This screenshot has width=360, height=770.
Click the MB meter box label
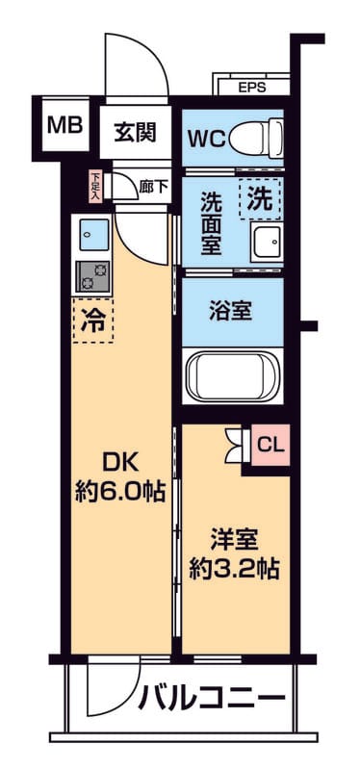pos(64,125)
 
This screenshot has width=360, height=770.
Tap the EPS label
pos(252,88)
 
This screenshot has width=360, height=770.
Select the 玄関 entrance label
pos(136,132)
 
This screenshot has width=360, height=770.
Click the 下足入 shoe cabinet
pos(95,187)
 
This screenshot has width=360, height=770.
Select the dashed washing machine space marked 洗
pos(260,199)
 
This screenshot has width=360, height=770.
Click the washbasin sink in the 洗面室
pos(266,243)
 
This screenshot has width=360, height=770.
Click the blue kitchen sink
pos(94,235)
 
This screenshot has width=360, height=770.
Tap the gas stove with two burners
pos(93,277)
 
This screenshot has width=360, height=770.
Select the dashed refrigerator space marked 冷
pos(93,321)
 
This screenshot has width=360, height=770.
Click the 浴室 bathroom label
pos(231,311)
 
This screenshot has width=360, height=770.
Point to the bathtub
pos(233,376)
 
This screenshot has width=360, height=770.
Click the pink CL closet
pos(270,446)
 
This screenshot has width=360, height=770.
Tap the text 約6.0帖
pos(119,490)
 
